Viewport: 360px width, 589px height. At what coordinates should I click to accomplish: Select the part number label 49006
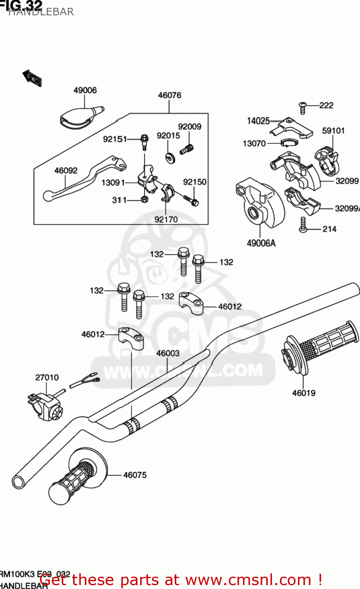pyautogui.click(x=85, y=90)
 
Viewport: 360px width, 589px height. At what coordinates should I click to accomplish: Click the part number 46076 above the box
pyautogui.click(x=170, y=95)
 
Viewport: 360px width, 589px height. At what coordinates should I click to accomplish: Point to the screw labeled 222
pyautogui.click(x=302, y=107)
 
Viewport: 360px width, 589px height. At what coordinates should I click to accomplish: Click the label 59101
pyautogui.click(x=333, y=131)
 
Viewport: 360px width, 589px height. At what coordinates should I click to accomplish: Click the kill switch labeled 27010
pyautogui.click(x=45, y=406)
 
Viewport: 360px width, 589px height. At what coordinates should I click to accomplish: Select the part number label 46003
pyautogui.click(x=168, y=353)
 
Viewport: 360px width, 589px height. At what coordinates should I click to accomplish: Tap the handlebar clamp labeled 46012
pyautogui.click(x=131, y=338)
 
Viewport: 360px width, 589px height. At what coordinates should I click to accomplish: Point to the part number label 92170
pyautogui.click(x=166, y=220)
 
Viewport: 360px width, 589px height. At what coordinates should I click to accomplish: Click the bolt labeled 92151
pyautogui.click(x=144, y=142)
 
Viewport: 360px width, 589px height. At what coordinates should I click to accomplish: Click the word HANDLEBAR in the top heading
pyautogui.click(x=41, y=12)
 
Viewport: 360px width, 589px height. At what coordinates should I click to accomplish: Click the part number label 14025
pyautogui.click(x=258, y=121)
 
